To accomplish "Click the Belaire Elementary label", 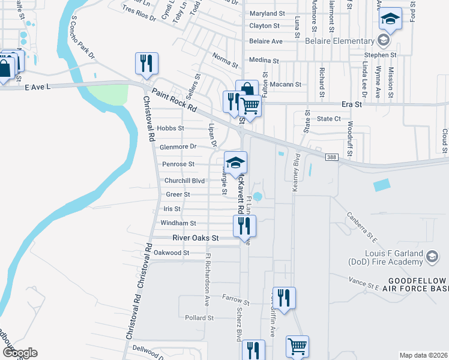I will click(x=339, y=41).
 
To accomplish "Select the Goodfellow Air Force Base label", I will click(x=417, y=286).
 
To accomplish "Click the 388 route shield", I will click(x=331, y=157).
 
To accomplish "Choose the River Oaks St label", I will click(x=196, y=238).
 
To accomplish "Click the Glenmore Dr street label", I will click(x=178, y=146).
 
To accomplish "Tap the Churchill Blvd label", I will click(x=185, y=181).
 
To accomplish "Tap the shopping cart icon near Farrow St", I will click(x=297, y=346).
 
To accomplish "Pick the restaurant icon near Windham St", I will click(x=244, y=226).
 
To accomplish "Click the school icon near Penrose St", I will click(x=236, y=162).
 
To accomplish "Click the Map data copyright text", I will click(x=423, y=355).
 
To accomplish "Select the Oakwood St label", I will click(x=171, y=253).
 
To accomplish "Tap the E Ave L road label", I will click(x=38, y=87).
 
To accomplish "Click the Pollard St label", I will click(x=199, y=317).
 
